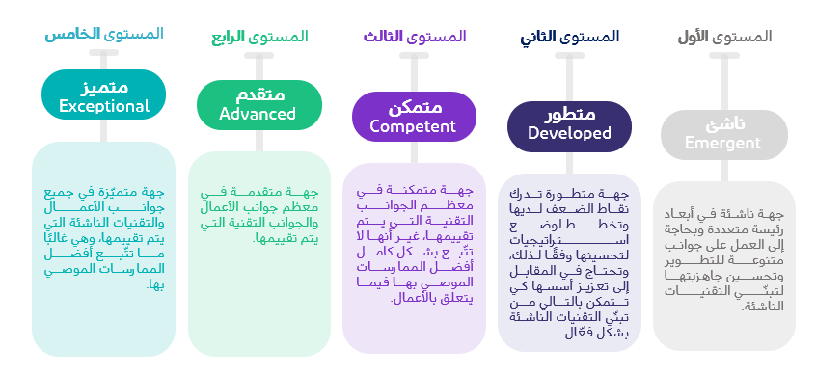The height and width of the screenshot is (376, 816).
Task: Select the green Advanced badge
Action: [x=258, y=103]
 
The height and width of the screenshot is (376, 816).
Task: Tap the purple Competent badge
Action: [x=413, y=116]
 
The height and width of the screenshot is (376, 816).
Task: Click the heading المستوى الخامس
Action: [x=103, y=34]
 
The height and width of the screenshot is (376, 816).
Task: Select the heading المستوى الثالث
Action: [x=415, y=37]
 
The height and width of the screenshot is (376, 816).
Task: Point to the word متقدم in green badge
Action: [x=258, y=94]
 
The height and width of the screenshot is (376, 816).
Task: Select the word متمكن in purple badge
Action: [x=413, y=107]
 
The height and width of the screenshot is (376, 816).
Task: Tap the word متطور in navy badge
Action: [x=569, y=116]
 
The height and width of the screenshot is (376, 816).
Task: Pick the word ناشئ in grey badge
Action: [x=723, y=124]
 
